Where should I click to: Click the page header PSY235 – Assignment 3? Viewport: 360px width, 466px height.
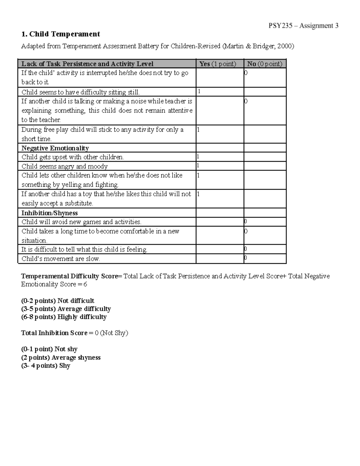pyautogui.click(x=303, y=26)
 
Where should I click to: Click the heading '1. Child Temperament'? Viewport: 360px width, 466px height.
pyautogui.click(x=60, y=34)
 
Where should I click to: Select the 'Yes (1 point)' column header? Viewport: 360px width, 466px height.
pyautogui.click(x=218, y=64)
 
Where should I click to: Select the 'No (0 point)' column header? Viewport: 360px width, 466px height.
pyautogui.click(x=265, y=64)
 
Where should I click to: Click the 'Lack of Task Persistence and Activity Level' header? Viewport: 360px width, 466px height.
pyautogui.click(x=87, y=64)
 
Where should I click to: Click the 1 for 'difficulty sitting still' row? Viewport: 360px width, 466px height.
pyautogui.click(x=199, y=92)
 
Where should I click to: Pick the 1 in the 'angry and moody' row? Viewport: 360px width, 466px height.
pyautogui.click(x=198, y=166)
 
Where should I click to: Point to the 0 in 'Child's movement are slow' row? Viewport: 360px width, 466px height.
pyautogui.click(x=245, y=258)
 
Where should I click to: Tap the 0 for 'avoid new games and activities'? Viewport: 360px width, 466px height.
pyautogui.click(x=245, y=221)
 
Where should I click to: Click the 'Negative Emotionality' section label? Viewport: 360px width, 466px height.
pyautogui.click(x=55, y=148)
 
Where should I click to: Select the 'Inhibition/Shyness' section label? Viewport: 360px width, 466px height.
pyautogui.click(x=49, y=213)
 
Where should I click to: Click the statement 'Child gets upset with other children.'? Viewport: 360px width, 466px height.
pyautogui.click(x=73, y=157)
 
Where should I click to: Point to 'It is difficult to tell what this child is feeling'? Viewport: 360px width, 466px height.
pyautogui.click(x=84, y=250)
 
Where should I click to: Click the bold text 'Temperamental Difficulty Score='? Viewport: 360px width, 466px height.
pyautogui.click(x=72, y=276)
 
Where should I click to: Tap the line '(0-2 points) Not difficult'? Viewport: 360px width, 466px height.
pyautogui.click(x=58, y=301)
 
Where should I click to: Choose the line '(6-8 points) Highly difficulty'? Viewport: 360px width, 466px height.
pyautogui.click(x=64, y=317)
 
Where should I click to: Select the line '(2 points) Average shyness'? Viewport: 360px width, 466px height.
pyautogui.click(x=61, y=358)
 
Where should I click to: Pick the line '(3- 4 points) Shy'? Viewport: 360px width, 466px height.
pyautogui.click(x=46, y=366)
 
